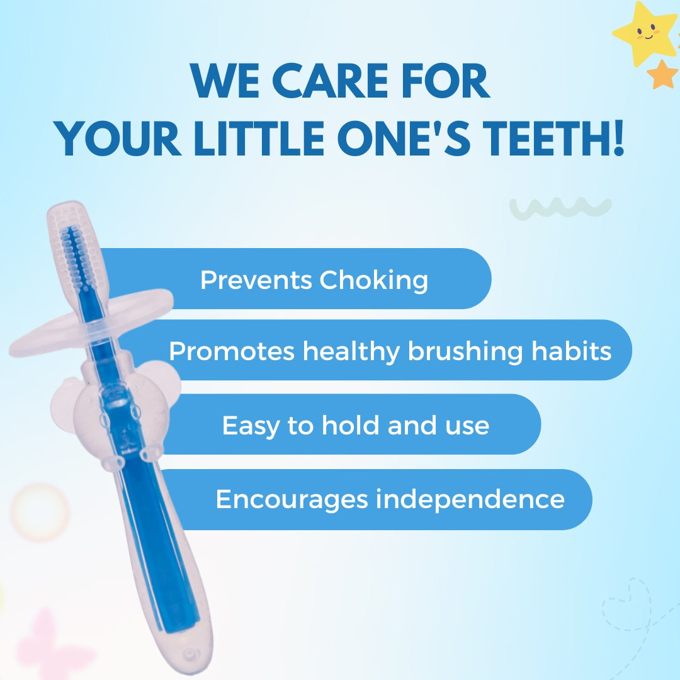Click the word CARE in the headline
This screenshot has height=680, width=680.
(330, 81)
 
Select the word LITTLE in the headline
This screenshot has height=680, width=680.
(259, 138)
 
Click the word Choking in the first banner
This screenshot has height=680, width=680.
(374, 281)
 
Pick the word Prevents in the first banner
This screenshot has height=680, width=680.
(256, 280)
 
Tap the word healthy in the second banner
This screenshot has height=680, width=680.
(351, 352)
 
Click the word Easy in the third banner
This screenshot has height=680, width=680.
(251, 426)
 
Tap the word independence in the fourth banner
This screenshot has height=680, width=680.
(470, 499)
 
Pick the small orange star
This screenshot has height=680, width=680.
(662, 74)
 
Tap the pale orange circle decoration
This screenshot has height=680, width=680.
(40, 513)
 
